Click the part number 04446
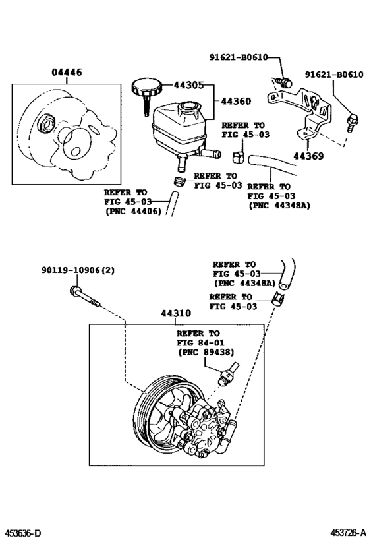[67, 73]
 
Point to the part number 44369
[308, 156]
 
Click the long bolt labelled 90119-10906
[85, 297]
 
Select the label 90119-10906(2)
[78, 271]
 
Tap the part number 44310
[176, 313]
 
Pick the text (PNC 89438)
[206, 352]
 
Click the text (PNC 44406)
[133, 211]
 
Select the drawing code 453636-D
[21, 533]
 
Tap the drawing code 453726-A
[348, 533]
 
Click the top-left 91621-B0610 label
[239, 57]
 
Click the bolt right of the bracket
[353, 122]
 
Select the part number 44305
[188, 85]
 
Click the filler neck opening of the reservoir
[188, 105]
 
